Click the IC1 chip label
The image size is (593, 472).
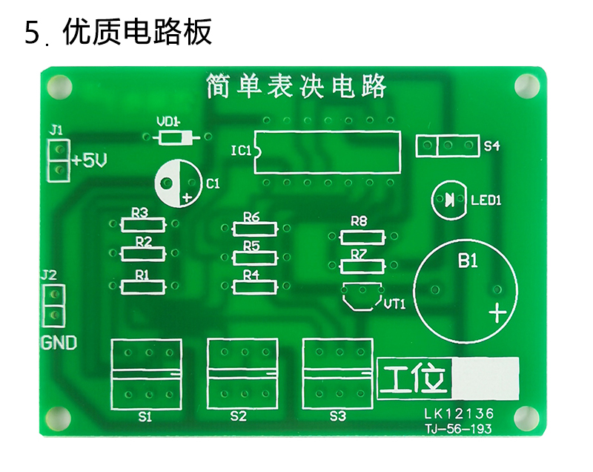click(241, 151)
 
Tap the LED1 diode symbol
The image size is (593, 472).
click(450, 199)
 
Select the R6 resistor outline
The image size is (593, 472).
click(255, 229)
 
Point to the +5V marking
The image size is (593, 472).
click(89, 160)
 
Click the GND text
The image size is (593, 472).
click(59, 343)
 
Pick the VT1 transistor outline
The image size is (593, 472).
click(362, 296)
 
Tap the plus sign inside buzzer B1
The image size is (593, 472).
click(497, 313)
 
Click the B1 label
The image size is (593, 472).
click(468, 260)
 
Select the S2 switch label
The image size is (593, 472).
click(238, 416)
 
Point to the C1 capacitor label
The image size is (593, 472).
click(213, 184)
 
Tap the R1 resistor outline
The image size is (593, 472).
click(143, 287)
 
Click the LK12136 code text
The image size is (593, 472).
click(459, 413)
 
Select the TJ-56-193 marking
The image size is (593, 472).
click(458, 429)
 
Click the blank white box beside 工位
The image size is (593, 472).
click(486, 378)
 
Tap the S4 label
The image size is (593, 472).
click(491, 145)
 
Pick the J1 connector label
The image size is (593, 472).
click(56, 130)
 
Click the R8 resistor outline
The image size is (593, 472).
click(362, 237)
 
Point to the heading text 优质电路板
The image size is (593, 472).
click(137, 32)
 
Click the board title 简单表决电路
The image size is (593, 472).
click(296, 86)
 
